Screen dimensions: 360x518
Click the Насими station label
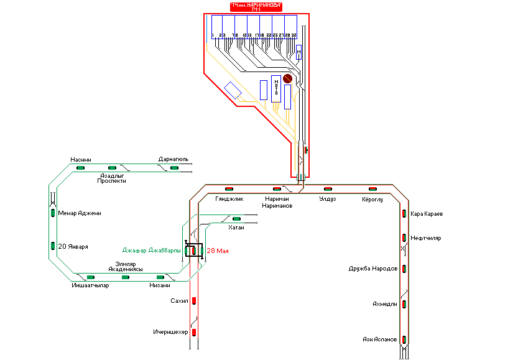[81, 159]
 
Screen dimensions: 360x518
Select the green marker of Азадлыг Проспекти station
[113, 168]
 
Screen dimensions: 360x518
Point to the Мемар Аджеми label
[80, 213]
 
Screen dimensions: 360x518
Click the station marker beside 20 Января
[53, 246]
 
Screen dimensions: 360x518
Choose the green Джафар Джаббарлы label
[152, 250]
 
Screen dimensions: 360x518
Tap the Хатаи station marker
[236, 218]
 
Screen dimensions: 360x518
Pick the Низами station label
[160, 285]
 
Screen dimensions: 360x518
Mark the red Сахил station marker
[193, 301]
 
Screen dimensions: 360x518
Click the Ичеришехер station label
[170, 333]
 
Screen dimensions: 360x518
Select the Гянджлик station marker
[229, 188]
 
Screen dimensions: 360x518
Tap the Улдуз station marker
[327, 188]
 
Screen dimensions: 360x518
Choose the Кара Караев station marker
[404, 215]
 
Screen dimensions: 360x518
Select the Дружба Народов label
[374, 269]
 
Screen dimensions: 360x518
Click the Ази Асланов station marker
[404, 339]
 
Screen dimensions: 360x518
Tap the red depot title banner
[256, 7]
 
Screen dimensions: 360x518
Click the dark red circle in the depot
[288, 79]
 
